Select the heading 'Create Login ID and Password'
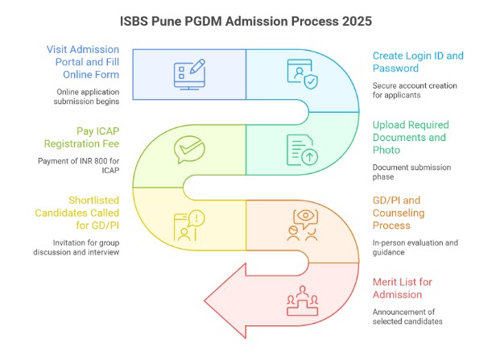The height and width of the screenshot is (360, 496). [417, 63]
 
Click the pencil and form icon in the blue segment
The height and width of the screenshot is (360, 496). [189, 72]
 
